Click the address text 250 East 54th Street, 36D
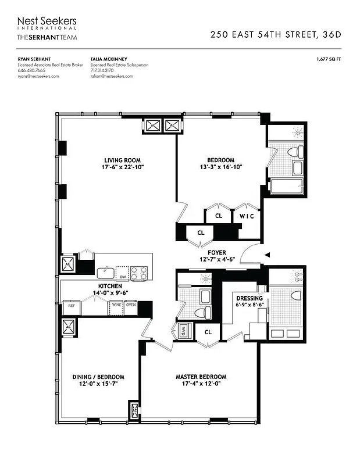[276, 34]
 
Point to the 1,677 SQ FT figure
[329, 59]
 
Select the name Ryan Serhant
[34, 59]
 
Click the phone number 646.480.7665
[31, 70]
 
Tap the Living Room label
[122, 160]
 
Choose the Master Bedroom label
[201, 377]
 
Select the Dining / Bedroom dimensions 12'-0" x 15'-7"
[98, 384]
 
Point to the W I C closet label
[247, 216]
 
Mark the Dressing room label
[249, 298]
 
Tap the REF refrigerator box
[71, 304]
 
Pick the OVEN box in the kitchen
[131, 304]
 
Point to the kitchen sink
[105, 271]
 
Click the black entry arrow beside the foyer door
[268, 255]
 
